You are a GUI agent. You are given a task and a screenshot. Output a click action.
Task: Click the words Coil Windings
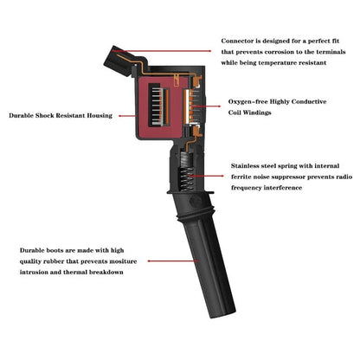(249, 112)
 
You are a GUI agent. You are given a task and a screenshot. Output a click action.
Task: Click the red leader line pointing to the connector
(162, 51)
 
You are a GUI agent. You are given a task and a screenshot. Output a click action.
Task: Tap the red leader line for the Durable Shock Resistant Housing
(127, 116)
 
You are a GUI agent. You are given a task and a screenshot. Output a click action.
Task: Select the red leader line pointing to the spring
(206, 176)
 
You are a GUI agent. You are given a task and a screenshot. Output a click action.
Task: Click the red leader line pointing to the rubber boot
(173, 261)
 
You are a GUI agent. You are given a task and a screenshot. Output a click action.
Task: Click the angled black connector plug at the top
(118, 61)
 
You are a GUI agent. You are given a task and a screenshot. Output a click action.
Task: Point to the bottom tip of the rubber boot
(223, 316)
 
